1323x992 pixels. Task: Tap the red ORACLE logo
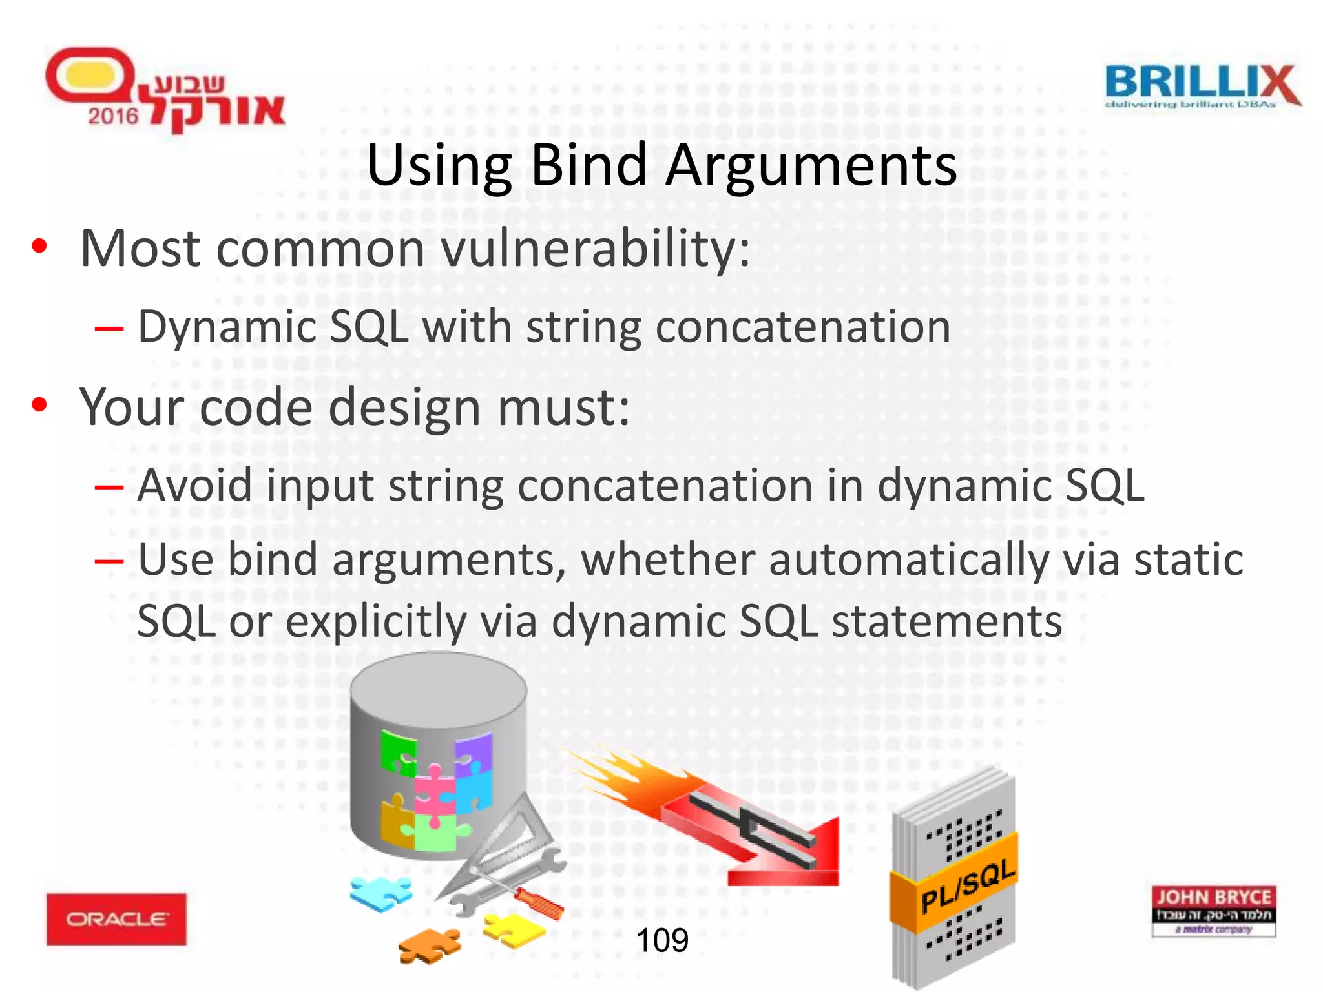tap(116, 918)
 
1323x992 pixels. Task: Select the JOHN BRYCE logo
tap(1213, 911)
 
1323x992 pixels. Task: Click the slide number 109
tap(662, 940)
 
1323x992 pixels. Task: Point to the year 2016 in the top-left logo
tap(113, 116)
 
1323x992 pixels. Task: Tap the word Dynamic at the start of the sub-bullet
tap(226, 327)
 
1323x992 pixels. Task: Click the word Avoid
tap(194, 486)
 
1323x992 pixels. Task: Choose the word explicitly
tap(376, 621)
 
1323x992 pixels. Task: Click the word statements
tap(946, 621)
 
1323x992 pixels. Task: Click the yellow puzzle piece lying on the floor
tap(514, 930)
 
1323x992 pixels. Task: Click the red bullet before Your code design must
tap(39, 405)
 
